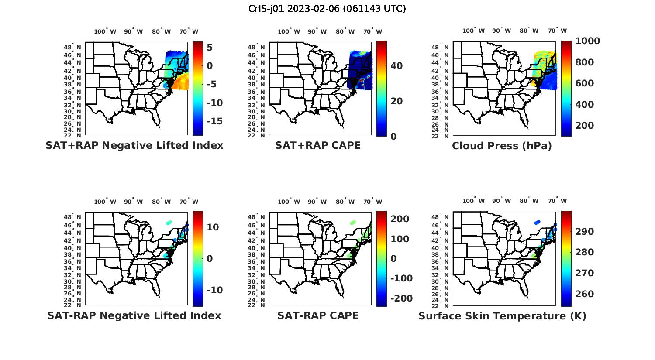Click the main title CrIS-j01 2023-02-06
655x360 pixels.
pyautogui.click(x=327, y=8)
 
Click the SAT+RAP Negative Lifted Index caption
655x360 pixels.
pyautogui.click(x=134, y=145)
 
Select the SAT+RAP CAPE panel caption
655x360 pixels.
pyautogui.click(x=318, y=145)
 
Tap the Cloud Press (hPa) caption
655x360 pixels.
pyautogui.click(x=502, y=146)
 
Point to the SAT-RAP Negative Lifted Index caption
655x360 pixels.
pyautogui.click(x=134, y=315)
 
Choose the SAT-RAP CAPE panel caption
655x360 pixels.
pyautogui.click(x=318, y=315)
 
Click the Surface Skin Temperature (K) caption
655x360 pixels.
pyautogui.click(x=502, y=316)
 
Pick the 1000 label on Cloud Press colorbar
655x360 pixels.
pyautogui.click(x=587, y=41)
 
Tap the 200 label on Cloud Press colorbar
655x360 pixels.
pyautogui.click(x=584, y=126)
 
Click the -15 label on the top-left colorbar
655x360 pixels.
pyautogui.click(x=214, y=121)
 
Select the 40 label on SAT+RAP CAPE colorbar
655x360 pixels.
pyautogui.click(x=396, y=66)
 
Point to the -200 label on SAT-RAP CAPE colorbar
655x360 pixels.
pyautogui.click(x=401, y=298)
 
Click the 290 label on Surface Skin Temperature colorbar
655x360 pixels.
pyautogui.click(x=584, y=232)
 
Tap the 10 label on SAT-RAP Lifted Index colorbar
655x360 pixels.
pyautogui.click(x=213, y=227)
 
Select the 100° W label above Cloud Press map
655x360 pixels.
pyautogui.click(x=473, y=31)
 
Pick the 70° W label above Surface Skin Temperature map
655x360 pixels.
pyautogui.click(x=557, y=201)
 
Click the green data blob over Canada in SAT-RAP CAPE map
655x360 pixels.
pyautogui.click(x=352, y=223)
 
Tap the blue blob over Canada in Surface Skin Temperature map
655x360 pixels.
pyautogui.click(x=537, y=222)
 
